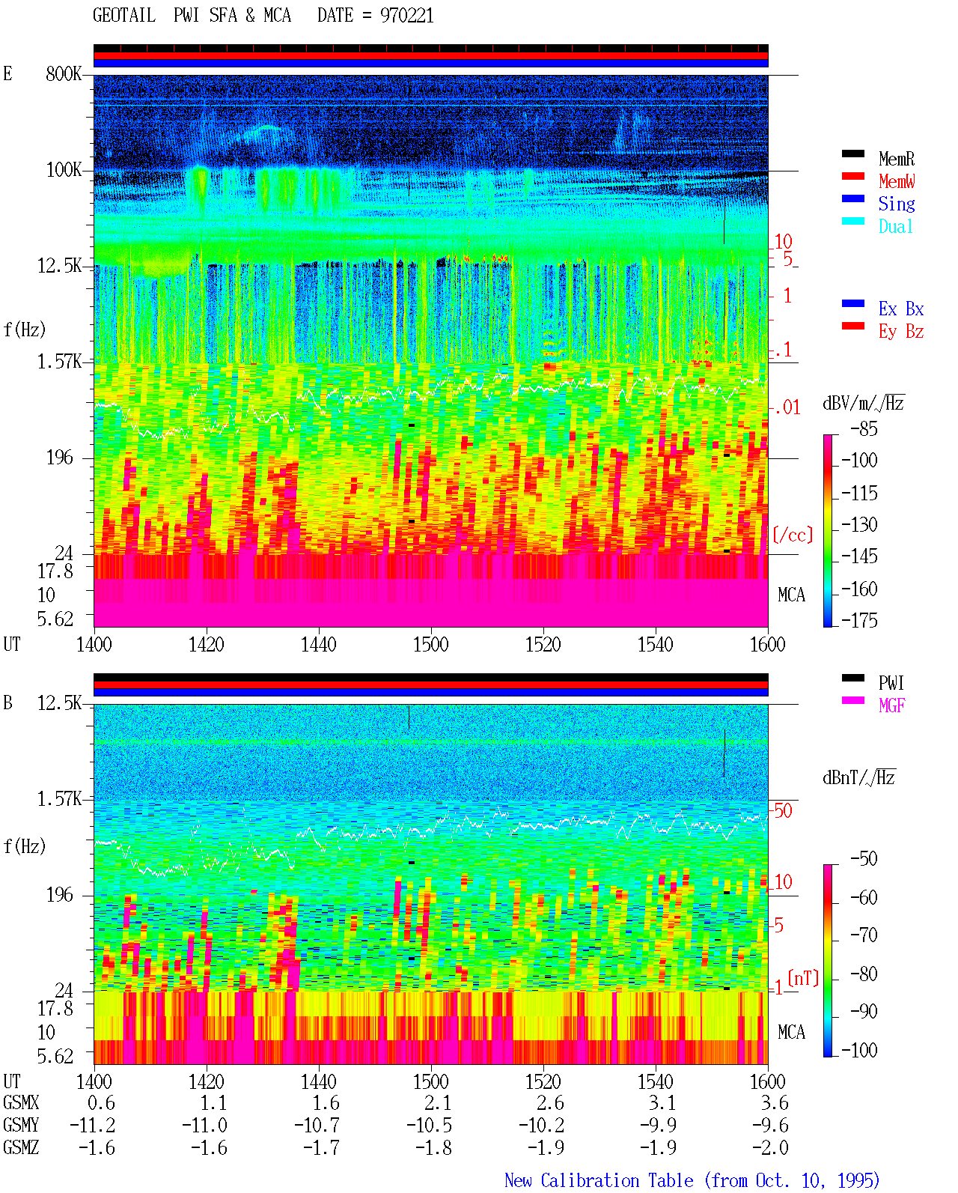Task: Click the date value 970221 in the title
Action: pyautogui.click(x=406, y=16)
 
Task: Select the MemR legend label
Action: pyautogui.click(x=897, y=159)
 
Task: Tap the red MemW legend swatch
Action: pyautogui.click(x=852, y=176)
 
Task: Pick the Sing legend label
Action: pyautogui.click(x=897, y=204)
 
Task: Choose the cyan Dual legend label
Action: pyautogui.click(x=895, y=226)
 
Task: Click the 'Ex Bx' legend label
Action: pyautogui.click(x=901, y=309)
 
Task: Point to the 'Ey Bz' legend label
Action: pyautogui.click(x=901, y=332)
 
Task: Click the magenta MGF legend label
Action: pyautogui.click(x=891, y=705)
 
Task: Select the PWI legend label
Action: pyautogui.click(x=891, y=682)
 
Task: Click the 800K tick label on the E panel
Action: pyautogui.click(x=64, y=73)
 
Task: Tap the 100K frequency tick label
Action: pyautogui.click(x=64, y=170)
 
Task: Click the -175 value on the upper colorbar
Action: pyautogui.click(x=859, y=620)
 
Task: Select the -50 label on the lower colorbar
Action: pyautogui.click(x=864, y=859)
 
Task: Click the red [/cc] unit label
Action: pyautogui.click(x=793, y=535)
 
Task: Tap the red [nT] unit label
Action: pyautogui.click(x=803, y=977)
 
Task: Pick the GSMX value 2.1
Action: pyautogui.click(x=439, y=1102)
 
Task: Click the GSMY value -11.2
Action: pyautogui.click(x=93, y=1125)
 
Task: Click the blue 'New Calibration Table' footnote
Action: pyautogui.click(x=599, y=1180)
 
